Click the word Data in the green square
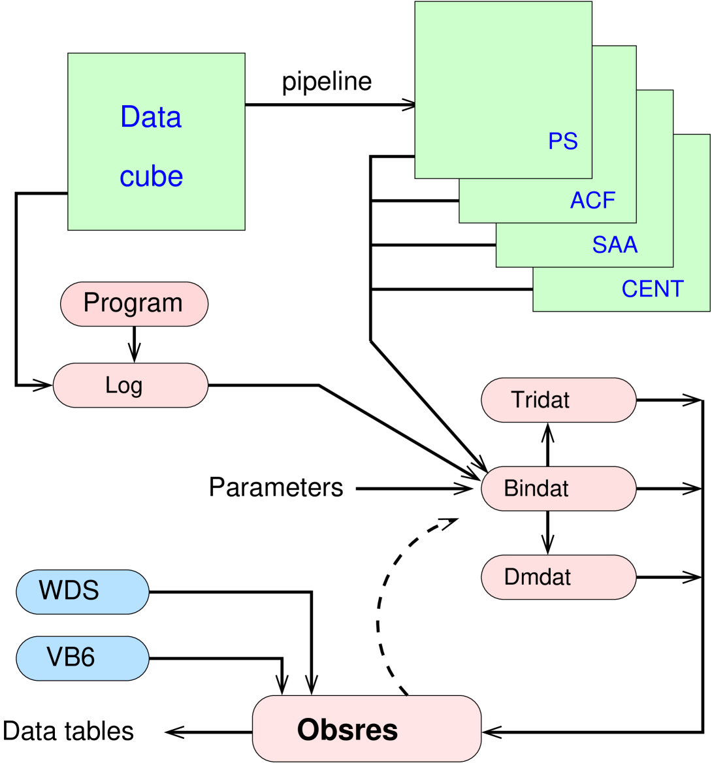click(151, 117)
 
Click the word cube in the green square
click(151, 176)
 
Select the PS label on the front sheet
click(562, 141)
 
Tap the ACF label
click(592, 200)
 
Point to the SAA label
click(615, 244)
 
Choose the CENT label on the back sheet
click(652, 289)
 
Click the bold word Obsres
click(348, 730)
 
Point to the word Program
click(133, 303)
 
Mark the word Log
click(123, 385)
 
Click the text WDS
click(69, 591)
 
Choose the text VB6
click(71, 657)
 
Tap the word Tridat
click(540, 400)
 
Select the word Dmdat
click(538, 577)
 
